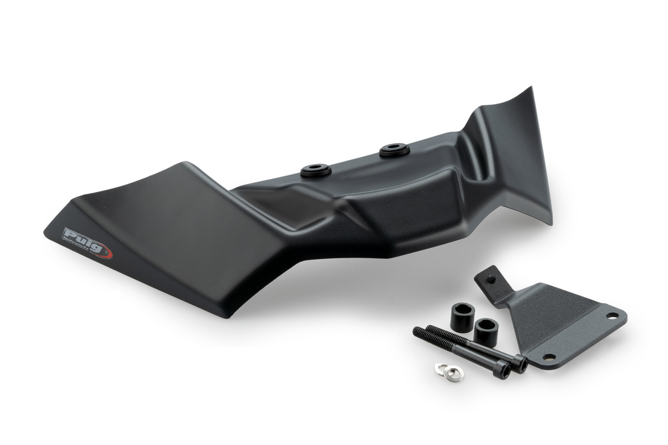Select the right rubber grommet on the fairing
pos(394,149)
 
